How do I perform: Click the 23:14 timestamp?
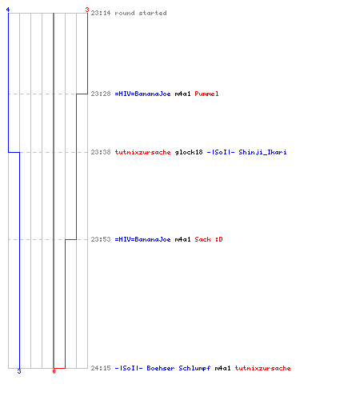pyautogui.click(x=101, y=13)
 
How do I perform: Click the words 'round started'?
pyautogui.click(x=141, y=13)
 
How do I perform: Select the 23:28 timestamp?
pyautogui.click(x=101, y=94)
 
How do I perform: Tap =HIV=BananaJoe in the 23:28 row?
pyautogui.click(x=142, y=94)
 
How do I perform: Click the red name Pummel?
pyautogui.click(x=206, y=94)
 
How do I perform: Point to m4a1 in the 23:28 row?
pyautogui.click(x=182, y=94)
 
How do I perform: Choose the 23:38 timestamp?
pyautogui.click(x=101, y=152)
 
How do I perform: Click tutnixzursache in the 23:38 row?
pyautogui.click(x=142, y=152)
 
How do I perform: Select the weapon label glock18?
pyautogui.click(x=189, y=152)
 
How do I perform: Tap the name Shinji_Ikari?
pyautogui.click(x=262, y=152)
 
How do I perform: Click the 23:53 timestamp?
pyautogui.click(x=101, y=239)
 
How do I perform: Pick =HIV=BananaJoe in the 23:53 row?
pyautogui.click(x=142, y=239)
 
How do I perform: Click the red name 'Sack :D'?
pyautogui.click(x=209, y=239)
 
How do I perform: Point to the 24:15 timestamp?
pyautogui.click(x=101, y=368)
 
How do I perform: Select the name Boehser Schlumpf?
pyautogui.click(x=178, y=368)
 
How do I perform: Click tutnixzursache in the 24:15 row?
pyautogui.click(x=262, y=368)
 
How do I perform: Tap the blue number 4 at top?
pyautogui.click(x=8, y=10)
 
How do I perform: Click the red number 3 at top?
pyautogui.click(x=87, y=10)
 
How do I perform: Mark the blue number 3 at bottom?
pyautogui.click(x=19, y=371)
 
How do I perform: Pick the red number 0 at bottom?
pyautogui.click(x=54, y=371)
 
